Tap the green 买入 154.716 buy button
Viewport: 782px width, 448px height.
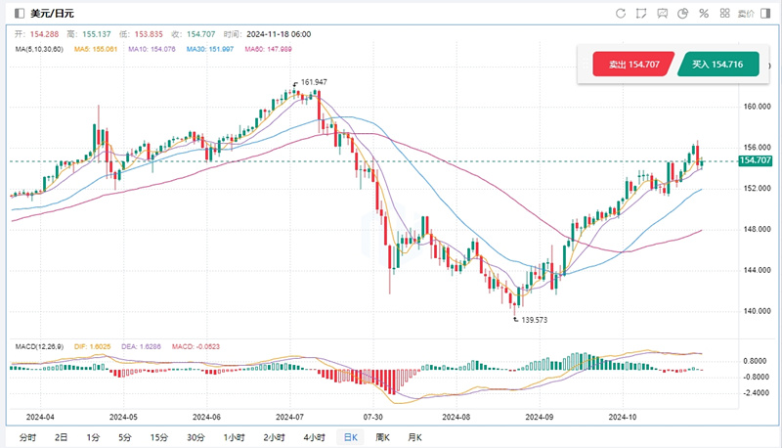pyautogui.click(x=717, y=65)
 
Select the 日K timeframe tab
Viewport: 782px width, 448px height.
pyautogui.click(x=348, y=436)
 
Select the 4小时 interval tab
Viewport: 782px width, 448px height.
pyautogui.click(x=314, y=436)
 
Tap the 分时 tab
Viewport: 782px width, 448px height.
pyautogui.click(x=27, y=436)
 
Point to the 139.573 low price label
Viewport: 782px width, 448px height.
pyautogui.click(x=534, y=320)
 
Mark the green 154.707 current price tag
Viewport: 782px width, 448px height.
pyautogui.click(x=757, y=160)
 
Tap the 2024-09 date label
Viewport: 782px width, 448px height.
pyautogui.click(x=542, y=415)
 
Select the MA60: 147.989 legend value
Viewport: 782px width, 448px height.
pyautogui.click(x=267, y=48)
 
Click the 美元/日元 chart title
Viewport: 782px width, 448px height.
pyautogui.click(x=54, y=13)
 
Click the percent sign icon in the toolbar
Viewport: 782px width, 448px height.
pyautogui.click(x=703, y=13)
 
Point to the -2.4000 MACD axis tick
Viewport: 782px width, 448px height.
pyautogui.click(x=756, y=392)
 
